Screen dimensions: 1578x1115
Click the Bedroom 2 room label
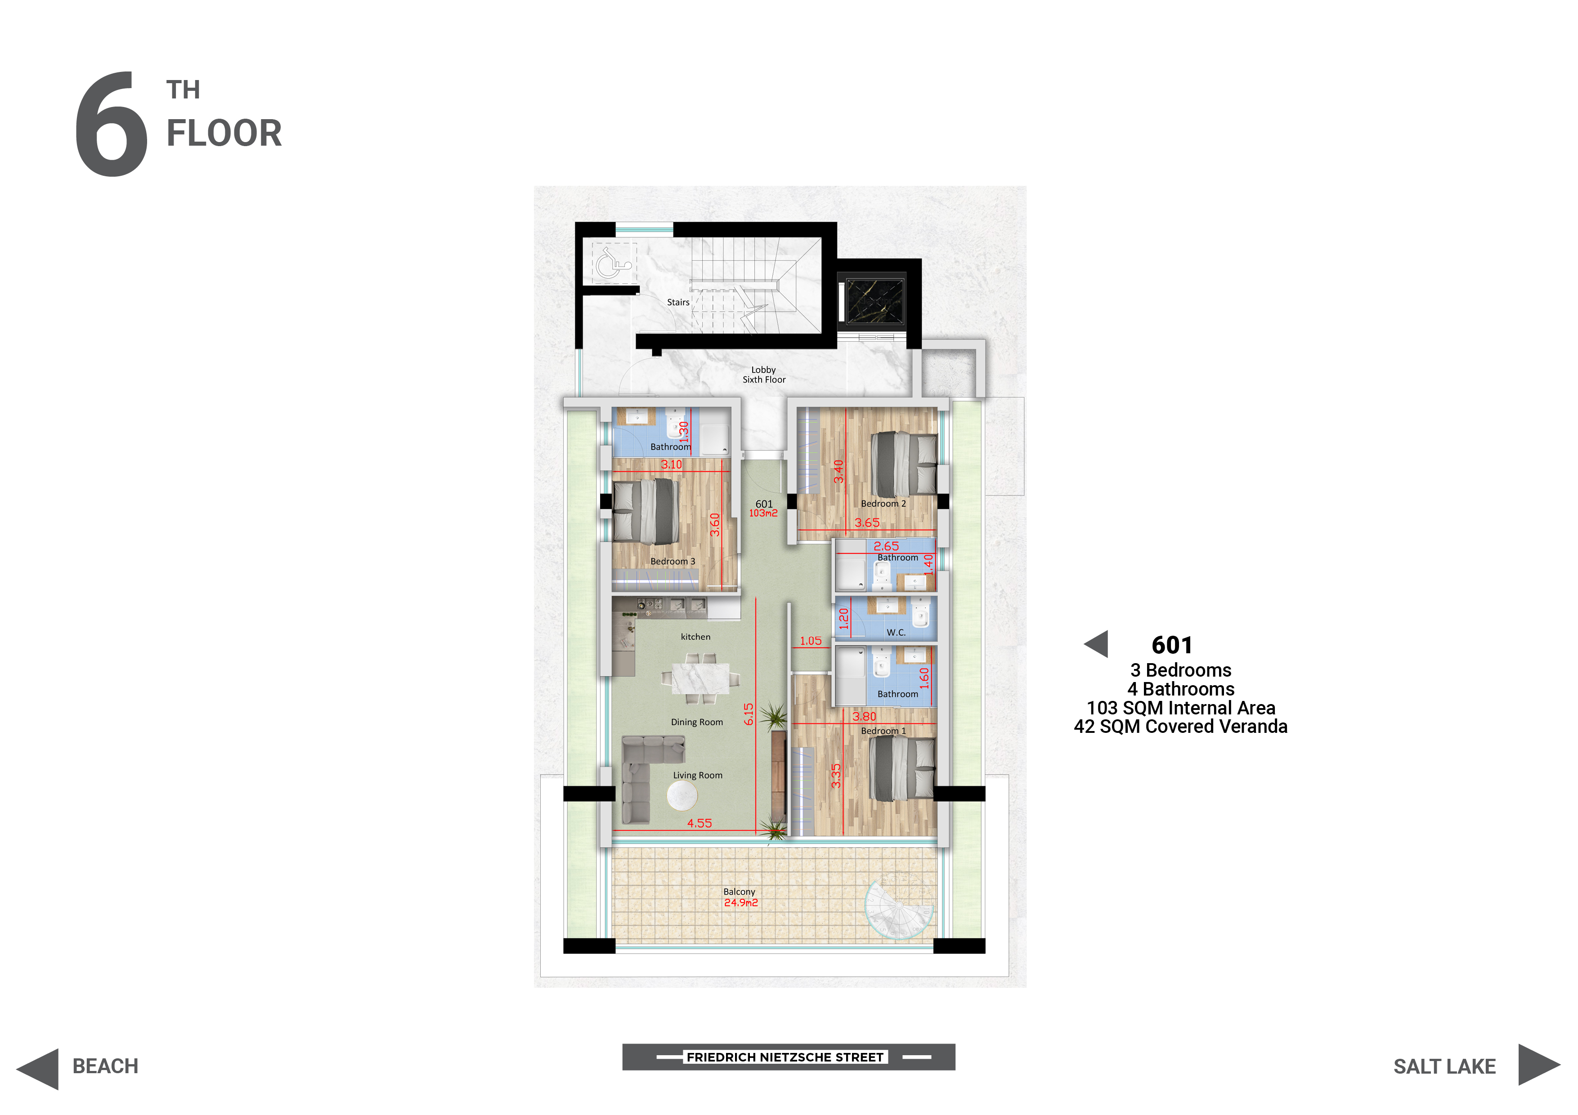(883, 504)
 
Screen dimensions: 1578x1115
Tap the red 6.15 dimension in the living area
(749, 714)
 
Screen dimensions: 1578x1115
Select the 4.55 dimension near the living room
(699, 823)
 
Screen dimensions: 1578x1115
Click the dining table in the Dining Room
(700, 679)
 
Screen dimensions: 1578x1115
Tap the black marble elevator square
(876, 300)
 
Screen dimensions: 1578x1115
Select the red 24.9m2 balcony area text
(741, 903)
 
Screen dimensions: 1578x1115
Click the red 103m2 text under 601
(763, 513)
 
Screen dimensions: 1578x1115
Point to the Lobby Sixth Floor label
(763, 375)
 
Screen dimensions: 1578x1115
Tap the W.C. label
(896, 633)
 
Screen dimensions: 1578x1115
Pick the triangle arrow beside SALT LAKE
(1539, 1065)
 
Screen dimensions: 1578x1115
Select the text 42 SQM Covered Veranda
(1181, 727)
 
